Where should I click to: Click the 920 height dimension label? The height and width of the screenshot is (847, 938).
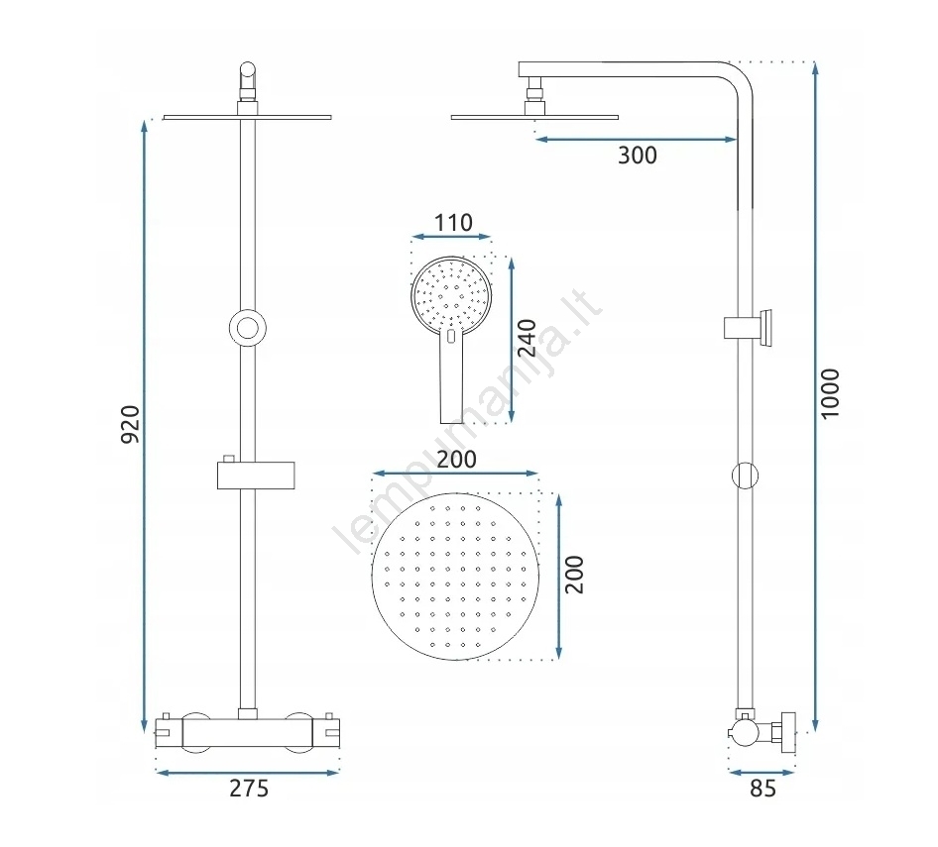pos(131,424)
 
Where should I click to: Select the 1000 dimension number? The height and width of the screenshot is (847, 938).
pos(830,394)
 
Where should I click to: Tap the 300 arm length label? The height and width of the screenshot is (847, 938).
pos(638,156)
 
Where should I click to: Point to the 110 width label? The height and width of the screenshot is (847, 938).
pos(453,223)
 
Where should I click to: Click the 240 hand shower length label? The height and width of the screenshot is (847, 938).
pos(527,339)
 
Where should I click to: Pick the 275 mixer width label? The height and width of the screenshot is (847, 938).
pos(249,789)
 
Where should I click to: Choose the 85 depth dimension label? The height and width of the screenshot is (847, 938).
pos(762,789)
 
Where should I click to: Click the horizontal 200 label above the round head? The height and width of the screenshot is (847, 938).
pos(456,459)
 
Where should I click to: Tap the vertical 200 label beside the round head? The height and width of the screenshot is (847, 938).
pos(574,575)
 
